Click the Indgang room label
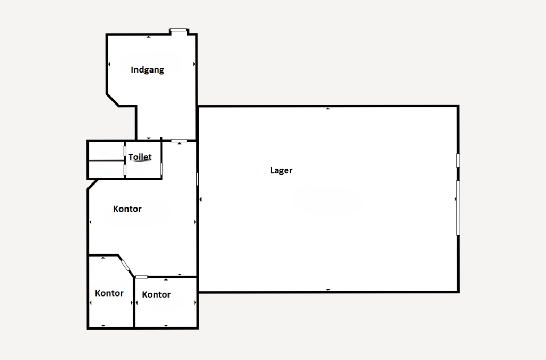pos(147,70)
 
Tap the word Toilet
pos(140,157)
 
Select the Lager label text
pos(282,170)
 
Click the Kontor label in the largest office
pos(127,209)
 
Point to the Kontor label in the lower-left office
pos(109,293)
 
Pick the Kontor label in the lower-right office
pos(156,294)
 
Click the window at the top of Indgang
pos(178,30)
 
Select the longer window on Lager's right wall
pos(458,208)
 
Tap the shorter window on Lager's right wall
pos(458,161)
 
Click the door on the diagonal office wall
pos(125,266)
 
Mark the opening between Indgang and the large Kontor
pos(179,141)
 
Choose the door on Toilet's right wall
pos(162,169)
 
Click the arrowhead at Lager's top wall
pos(328,109)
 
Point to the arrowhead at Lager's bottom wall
pos(328,290)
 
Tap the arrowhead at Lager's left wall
pos(200,199)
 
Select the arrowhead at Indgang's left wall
pos(109,64)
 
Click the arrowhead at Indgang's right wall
pos(194,64)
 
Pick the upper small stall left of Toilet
pos(106,151)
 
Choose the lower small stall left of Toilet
pos(106,170)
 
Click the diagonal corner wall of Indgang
pos(113,100)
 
